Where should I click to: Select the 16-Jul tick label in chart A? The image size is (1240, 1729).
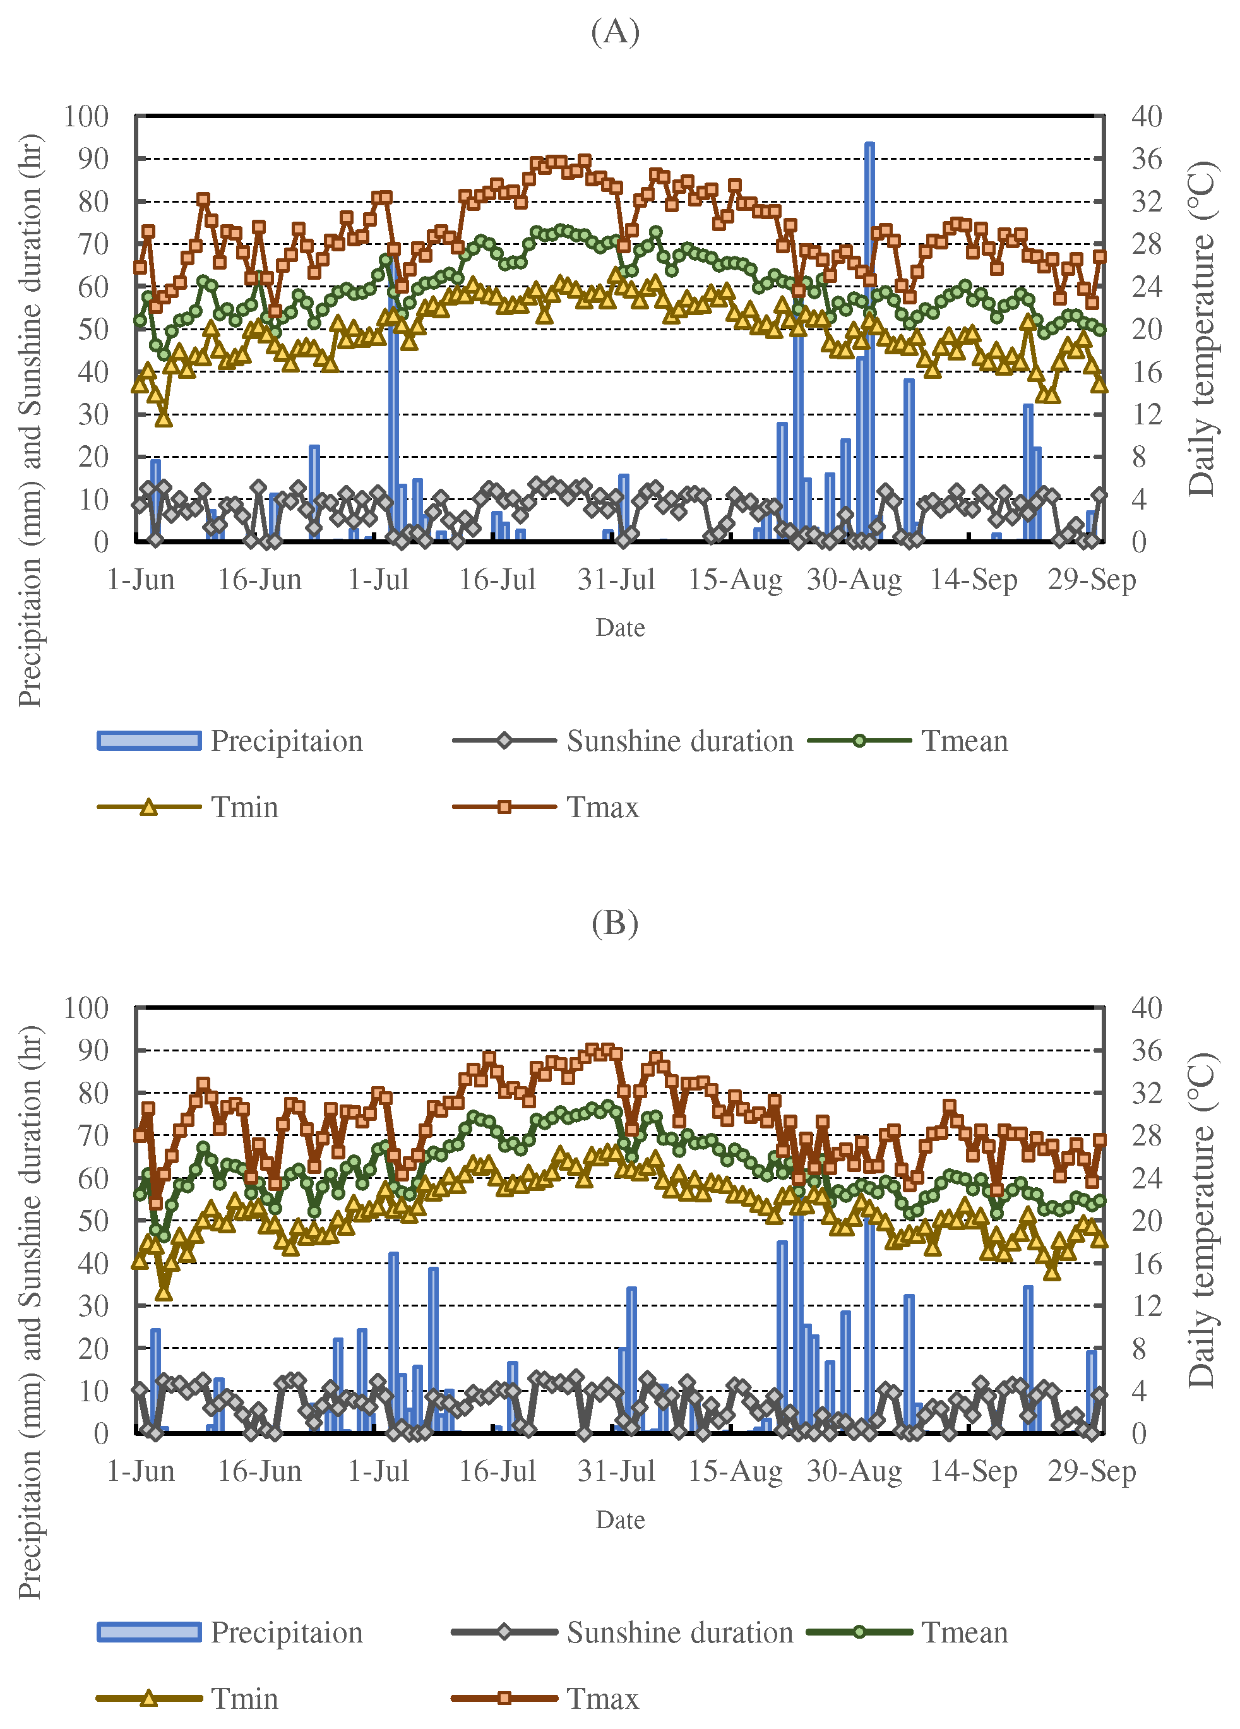pyautogui.click(x=497, y=581)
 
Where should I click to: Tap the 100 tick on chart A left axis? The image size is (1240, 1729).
pyautogui.click(x=86, y=117)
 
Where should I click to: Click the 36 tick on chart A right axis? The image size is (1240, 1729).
pyautogui.click(x=1147, y=159)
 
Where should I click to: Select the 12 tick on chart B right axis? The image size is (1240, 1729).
pyautogui.click(x=1147, y=1306)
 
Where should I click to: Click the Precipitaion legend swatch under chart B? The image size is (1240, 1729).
pyautogui.click(x=150, y=1632)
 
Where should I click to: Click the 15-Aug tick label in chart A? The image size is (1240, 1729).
pyautogui.click(x=735, y=581)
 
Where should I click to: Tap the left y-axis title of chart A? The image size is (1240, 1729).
pyautogui.click(x=30, y=421)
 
